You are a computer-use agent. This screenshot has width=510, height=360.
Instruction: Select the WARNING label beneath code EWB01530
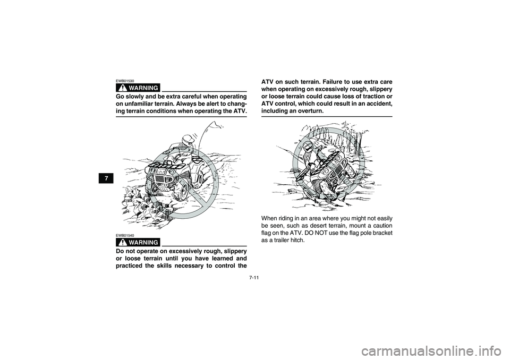click(x=138, y=88)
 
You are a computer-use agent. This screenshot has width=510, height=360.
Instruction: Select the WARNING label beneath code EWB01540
click(x=138, y=242)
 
